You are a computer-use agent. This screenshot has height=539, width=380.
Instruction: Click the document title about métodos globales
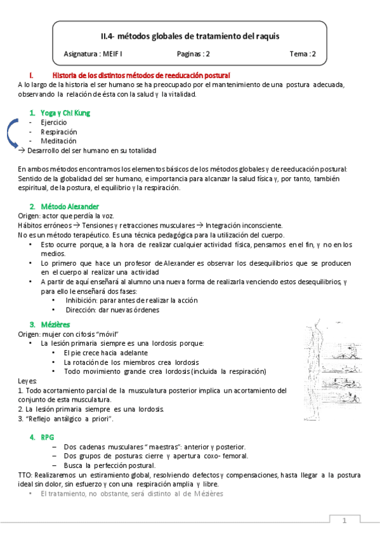pyautogui.click(x=190, y=36)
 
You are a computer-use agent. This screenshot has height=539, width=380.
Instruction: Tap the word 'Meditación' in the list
pyautogui.click(x=58, y=140)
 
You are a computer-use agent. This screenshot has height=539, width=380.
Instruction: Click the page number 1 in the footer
pyautogui.click(x=344, y=522)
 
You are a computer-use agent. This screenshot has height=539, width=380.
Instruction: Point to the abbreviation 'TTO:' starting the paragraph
pyautogui.click(x=26, y=475)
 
